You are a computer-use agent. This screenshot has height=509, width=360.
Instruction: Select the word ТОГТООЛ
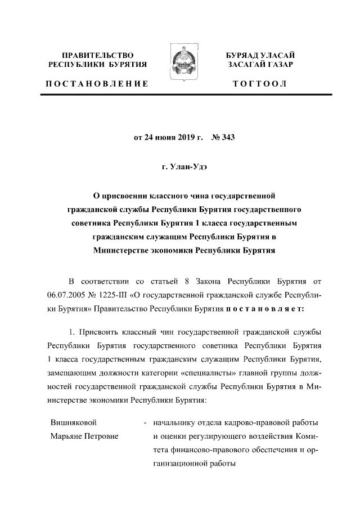tap(260, 84)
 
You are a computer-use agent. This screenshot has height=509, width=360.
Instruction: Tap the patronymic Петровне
tap(106, 436)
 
